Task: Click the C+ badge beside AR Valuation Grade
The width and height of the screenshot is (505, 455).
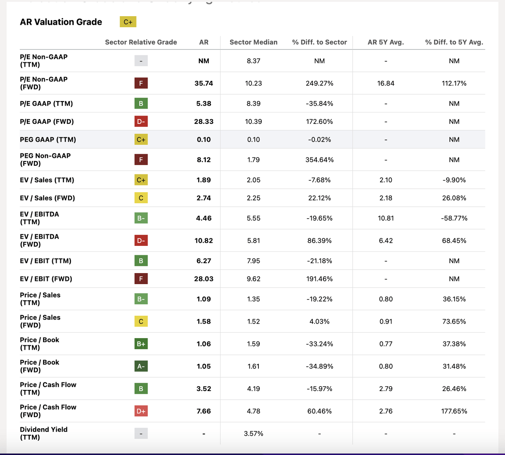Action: pos(128,22)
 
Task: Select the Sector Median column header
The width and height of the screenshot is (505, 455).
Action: pos(253,42)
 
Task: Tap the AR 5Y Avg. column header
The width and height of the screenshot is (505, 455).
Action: pos(385,42)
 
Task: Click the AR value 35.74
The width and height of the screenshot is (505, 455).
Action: pos(204,83)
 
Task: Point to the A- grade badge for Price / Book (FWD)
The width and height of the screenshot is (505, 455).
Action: pos(141,366)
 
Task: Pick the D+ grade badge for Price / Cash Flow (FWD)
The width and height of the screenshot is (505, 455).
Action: pos(141,411)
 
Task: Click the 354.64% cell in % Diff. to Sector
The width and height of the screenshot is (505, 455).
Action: pos(319,160)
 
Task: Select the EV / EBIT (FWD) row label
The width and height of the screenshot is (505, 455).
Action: pos(46,279)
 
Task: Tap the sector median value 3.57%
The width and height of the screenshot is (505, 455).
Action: pos(253,434)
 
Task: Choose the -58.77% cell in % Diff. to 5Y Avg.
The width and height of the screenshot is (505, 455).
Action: pos(454,218)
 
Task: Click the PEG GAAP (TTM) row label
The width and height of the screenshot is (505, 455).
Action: pos(48,140)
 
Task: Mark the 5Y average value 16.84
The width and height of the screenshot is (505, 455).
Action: pos(385,83)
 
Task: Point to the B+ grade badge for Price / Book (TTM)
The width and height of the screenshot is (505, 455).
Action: pos(141,344)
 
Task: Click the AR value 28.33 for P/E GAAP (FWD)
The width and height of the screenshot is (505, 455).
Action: pos(204,122)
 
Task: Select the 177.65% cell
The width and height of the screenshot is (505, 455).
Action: pos(454,411)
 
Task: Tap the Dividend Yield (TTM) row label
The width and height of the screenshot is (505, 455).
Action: pos(43,433)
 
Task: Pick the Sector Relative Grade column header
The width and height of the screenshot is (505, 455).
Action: pos(141,42)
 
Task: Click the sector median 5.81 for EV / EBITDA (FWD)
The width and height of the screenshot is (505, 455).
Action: pos(253,241)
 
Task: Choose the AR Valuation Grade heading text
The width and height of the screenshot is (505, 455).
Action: pos(61,22)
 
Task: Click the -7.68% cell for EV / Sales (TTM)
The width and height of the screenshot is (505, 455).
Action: pos(319,180)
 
